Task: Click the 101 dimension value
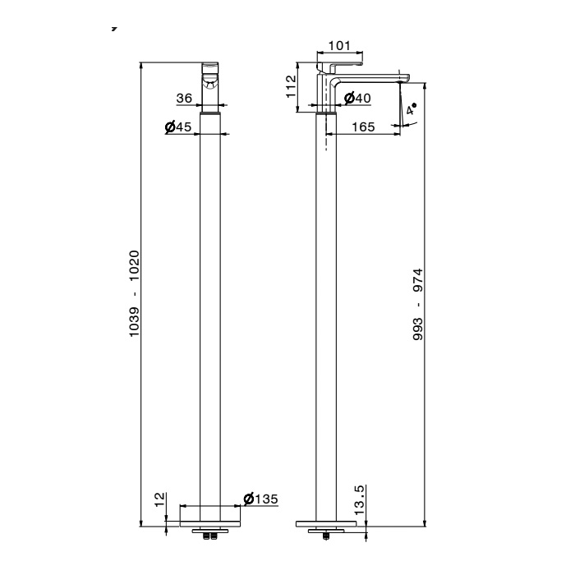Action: tap(339, 46)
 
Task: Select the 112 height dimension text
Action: tap(291, 86)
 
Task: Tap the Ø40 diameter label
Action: tap(357, 98)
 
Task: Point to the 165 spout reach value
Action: tap(363, 126)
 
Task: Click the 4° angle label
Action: tap(412, 109)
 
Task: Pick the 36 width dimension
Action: tap(184, 98)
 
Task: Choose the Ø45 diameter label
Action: tap(178, 126)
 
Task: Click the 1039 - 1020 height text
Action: tap(134, 293)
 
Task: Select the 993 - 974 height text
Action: tap(417, 305)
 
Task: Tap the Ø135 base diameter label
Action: tap(260, 499)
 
